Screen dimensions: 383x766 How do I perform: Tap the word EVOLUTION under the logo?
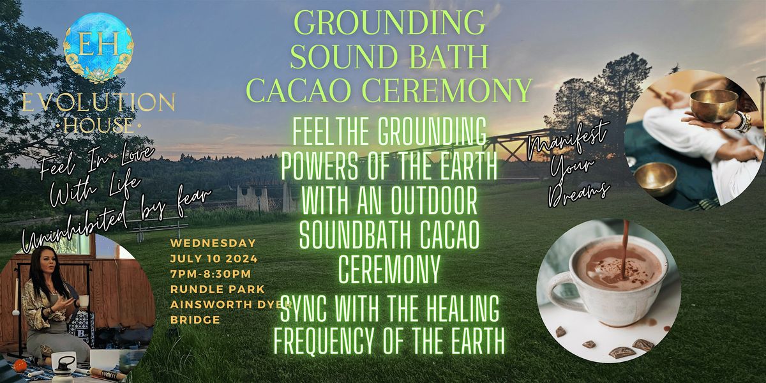coord(98,101)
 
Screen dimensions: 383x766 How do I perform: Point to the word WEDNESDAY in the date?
coord(213,244)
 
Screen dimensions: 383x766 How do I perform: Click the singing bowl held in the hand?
coord(714,105)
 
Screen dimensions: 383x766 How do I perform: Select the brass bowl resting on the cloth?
coord(656,178)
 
